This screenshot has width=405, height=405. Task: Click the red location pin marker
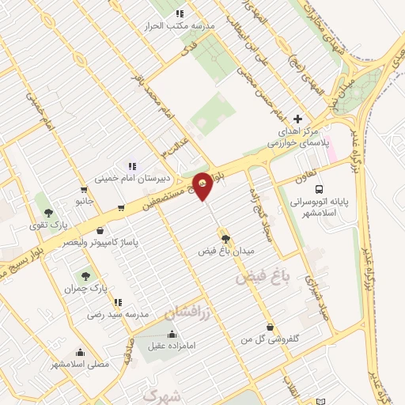tap(203, 185)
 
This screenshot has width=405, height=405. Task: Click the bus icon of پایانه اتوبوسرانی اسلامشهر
tap(320, 189)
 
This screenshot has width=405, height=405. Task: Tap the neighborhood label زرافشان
tap(190, 313)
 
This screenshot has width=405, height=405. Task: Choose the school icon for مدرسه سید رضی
tap(117, 302)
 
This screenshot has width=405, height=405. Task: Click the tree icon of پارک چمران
tap(85, 276)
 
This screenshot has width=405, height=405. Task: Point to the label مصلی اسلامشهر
tap(80, 364)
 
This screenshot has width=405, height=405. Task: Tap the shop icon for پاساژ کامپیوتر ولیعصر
tap(100, 230)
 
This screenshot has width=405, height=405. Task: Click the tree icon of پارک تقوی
tap(49, 213)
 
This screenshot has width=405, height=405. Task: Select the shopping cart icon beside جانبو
tap(84, 189)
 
